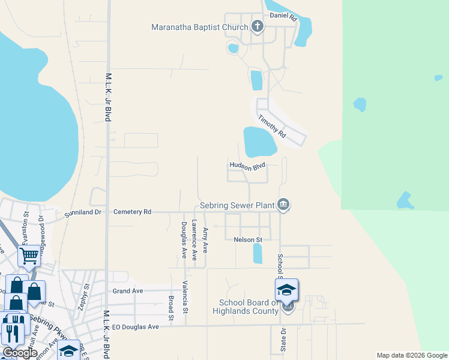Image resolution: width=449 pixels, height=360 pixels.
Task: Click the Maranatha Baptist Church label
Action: (199, 27)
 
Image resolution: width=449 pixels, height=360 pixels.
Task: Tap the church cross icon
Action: (258, 26)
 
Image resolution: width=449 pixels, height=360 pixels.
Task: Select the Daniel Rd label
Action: (283, 17)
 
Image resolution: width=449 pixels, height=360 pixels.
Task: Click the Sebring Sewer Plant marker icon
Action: (284, 205)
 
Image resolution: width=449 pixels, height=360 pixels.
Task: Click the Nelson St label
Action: (248, 239)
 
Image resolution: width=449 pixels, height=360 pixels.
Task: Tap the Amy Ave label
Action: (205, 239)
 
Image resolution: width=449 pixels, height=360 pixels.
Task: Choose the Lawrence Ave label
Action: (194, 239)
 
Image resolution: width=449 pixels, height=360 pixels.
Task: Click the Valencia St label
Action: (185, 297)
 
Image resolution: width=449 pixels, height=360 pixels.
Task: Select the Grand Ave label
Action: (128, 291)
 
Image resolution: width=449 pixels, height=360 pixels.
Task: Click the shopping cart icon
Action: (29, 256)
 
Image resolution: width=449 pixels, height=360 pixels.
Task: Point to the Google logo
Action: (20, 353)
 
